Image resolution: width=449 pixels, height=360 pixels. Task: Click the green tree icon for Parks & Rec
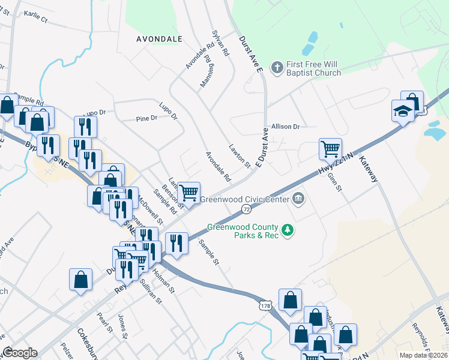288,230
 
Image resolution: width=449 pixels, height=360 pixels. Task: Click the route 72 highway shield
247,208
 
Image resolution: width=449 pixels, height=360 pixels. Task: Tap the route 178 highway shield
267,305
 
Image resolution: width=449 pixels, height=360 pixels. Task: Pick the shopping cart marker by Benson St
189,193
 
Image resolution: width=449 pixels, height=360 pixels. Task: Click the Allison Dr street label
285,127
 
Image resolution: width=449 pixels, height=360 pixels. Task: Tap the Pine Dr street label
146,118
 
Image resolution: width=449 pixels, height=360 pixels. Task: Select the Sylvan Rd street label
221,43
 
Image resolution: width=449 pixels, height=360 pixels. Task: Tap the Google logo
20,353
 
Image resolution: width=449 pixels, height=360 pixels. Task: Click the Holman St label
164,282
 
